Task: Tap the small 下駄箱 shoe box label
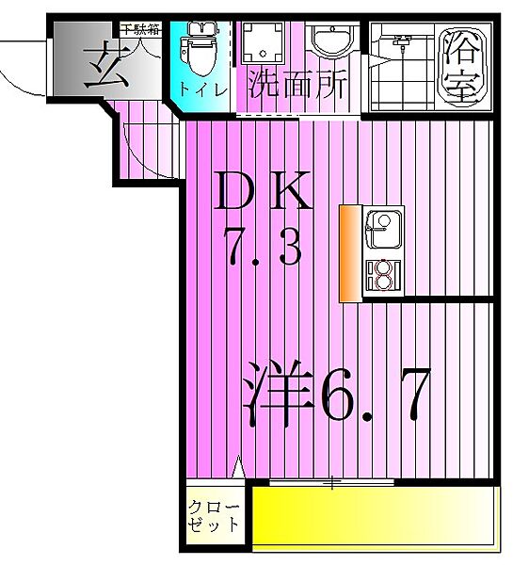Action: pos(135,29)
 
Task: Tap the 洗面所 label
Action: pos(297,87)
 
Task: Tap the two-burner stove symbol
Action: pos(383,274)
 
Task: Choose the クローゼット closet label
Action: pos(213,515)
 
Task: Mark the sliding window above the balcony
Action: pos(331,484)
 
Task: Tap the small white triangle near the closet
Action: pos(238,466)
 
